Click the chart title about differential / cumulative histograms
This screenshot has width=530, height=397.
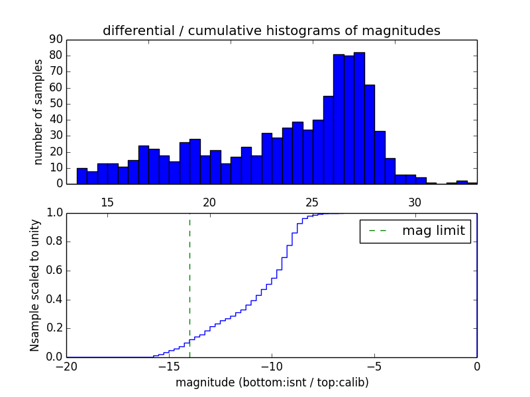point(271,30)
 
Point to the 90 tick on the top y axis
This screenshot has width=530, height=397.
point(56,40)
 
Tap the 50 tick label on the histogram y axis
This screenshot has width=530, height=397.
point(56,104)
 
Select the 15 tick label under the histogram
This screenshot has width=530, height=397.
point(107,202)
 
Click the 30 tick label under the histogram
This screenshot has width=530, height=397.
point(415,202)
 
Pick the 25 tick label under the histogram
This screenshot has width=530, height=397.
point(312,202)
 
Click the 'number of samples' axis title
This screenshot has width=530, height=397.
point(38,112)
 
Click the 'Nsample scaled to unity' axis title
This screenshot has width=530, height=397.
point(36,285)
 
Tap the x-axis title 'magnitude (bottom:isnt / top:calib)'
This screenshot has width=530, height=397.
point(272,382)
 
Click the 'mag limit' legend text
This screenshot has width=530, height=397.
point(433,232)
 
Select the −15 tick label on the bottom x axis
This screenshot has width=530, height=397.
point(169,367)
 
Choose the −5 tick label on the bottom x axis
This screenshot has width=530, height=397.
point(374,367)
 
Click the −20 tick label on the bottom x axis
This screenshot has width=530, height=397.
point(66,367)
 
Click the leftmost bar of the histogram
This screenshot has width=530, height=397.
point(81,176)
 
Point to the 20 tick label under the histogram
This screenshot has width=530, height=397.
point(209,202)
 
